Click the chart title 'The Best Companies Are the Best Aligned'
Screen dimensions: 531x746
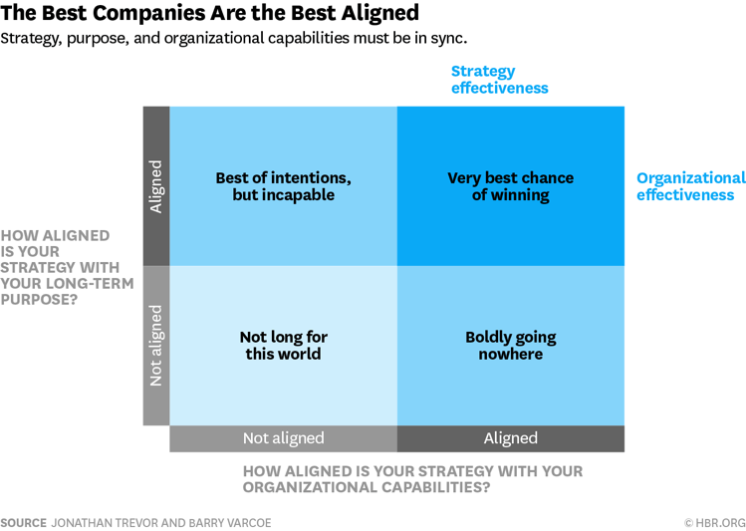(210, 14)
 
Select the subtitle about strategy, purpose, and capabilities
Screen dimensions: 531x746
(234, 39)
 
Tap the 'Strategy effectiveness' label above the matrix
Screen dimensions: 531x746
(499, 80)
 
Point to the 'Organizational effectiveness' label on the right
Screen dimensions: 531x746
(690, 186)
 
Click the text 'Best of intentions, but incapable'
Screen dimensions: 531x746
(283, 186)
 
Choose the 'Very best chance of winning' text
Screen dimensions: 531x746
(510, 186)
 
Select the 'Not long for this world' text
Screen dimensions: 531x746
(283, 345)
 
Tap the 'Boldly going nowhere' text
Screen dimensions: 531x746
(510, 345)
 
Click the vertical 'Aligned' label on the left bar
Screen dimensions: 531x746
(155, 186)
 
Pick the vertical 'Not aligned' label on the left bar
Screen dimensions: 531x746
(155, 345)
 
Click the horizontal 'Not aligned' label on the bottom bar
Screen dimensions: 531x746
(283, 438)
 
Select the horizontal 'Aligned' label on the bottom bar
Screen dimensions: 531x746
(510, 438)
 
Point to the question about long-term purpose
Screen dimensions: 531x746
(60, 267)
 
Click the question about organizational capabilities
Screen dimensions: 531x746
(412, 479)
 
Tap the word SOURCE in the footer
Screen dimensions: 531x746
(22, 523)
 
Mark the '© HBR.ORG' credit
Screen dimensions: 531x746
(714, 523)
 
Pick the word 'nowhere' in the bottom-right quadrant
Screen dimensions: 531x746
(510, 354)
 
